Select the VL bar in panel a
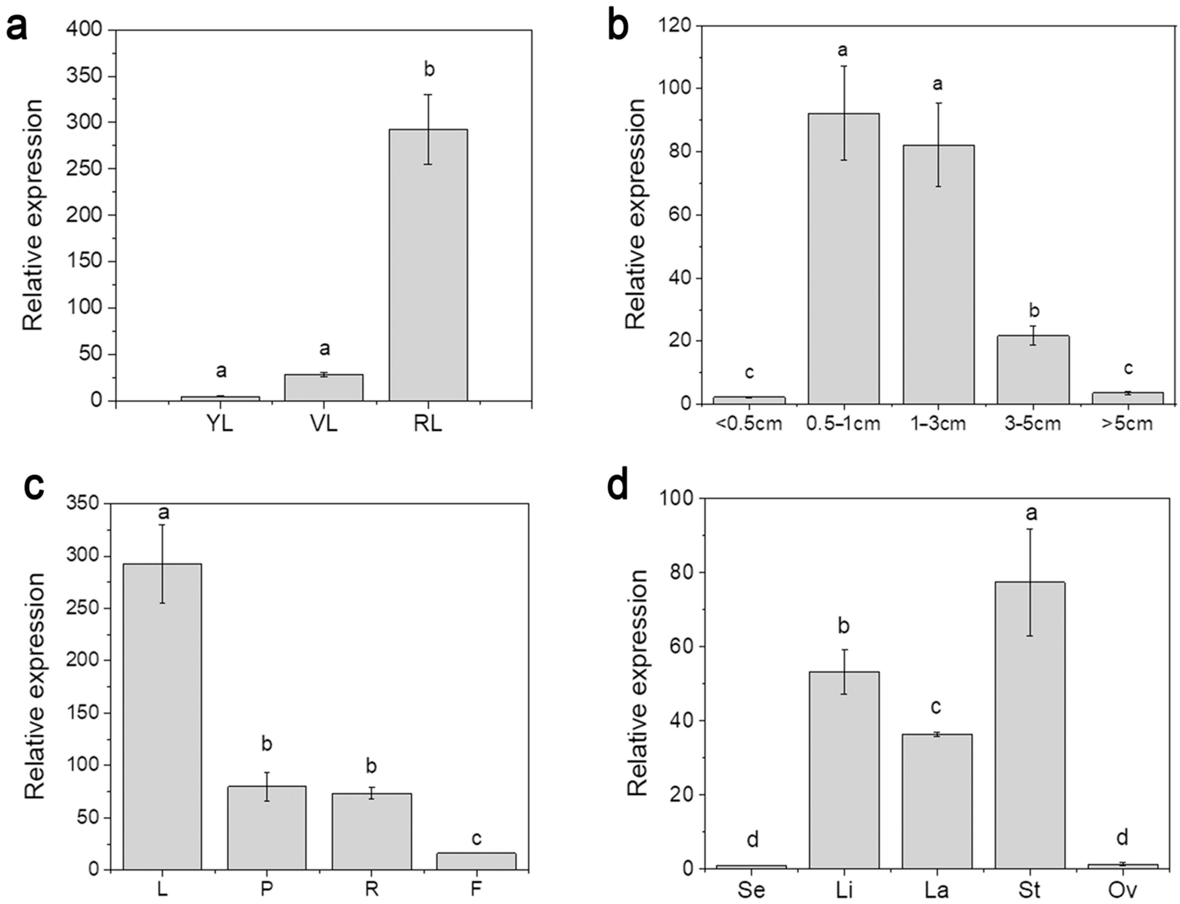[x=324, y=388]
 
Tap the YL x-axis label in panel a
[x=219, y=424]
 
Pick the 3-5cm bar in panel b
[x=1033, y=370]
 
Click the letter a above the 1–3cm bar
[x=937, y=85]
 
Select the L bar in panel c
[x=162, y=716]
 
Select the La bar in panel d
[x=937, y=801]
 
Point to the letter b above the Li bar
[x=844, y=626]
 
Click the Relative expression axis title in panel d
[x=638, y=683]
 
